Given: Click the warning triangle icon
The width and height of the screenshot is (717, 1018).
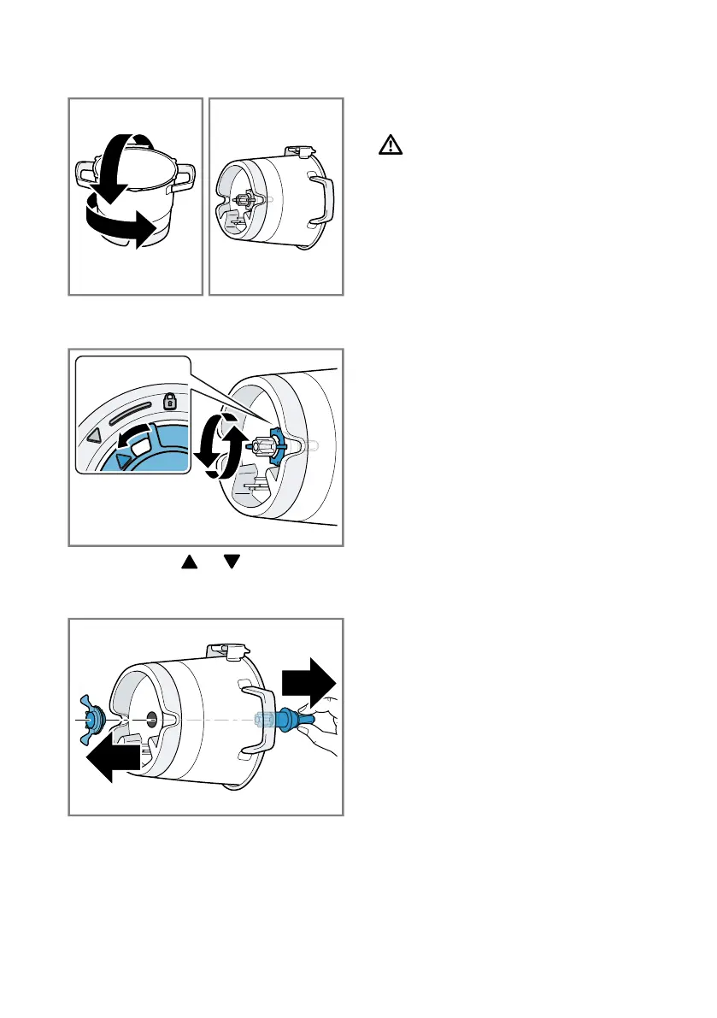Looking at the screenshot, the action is click(x=390, y=147).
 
